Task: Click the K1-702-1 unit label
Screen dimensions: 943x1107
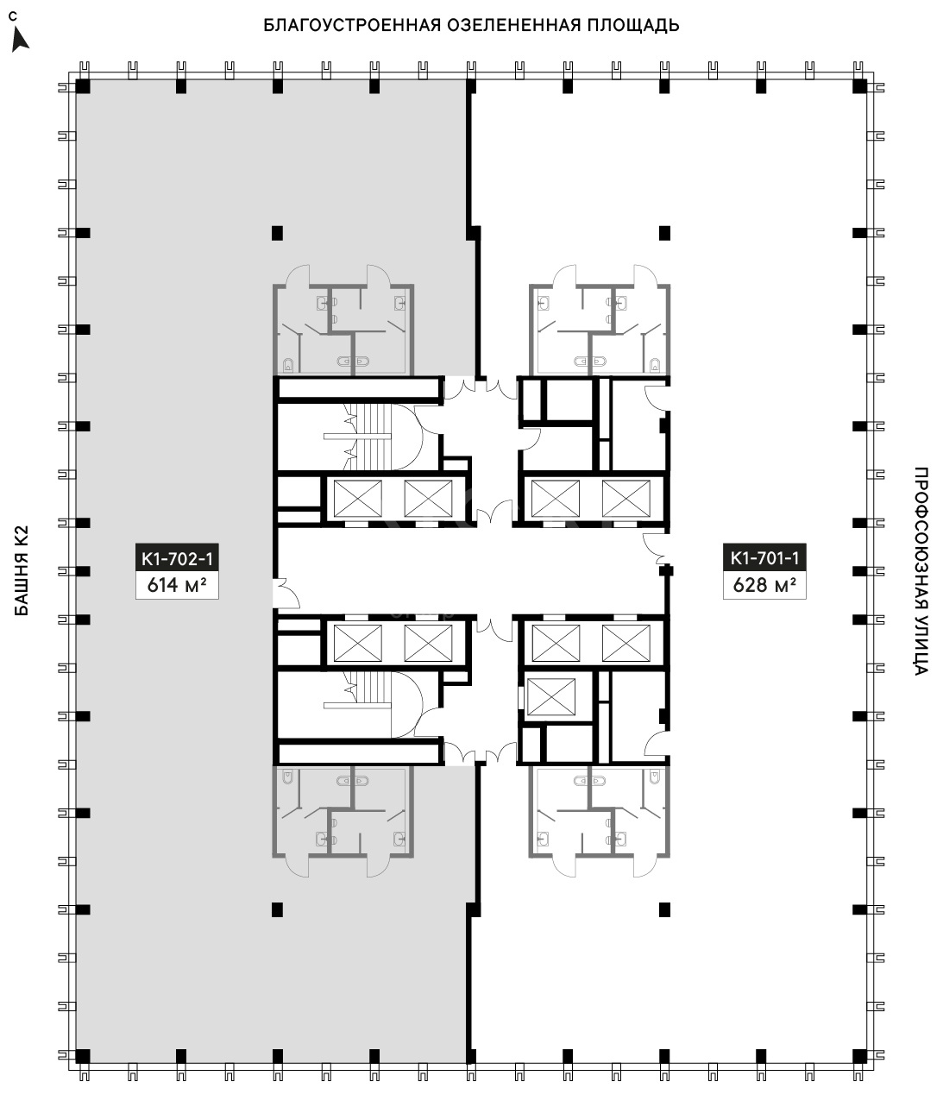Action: click(x=177, y=558)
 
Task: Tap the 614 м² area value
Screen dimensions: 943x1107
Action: click(x=177, y=585)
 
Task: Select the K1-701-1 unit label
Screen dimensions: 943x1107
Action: click(x=764, y=558)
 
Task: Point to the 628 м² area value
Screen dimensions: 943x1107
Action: click(x=764, y=585)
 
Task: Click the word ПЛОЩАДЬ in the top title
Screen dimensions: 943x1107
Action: click(x=633, y=26)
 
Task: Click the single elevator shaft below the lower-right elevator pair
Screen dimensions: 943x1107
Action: click(x=551, y=697)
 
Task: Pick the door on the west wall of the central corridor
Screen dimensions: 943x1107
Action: click(x=286, y=593)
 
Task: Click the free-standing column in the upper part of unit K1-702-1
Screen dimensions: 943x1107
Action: click(x=277, y=233)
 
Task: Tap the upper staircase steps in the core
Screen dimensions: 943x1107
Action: click(x=371, y=436)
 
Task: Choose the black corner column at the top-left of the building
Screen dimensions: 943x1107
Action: click(x=83, y=87)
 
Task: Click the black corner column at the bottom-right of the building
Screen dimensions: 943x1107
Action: click(x=859, y=1055)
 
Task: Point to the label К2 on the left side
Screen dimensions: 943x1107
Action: click(x=22, y=539)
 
